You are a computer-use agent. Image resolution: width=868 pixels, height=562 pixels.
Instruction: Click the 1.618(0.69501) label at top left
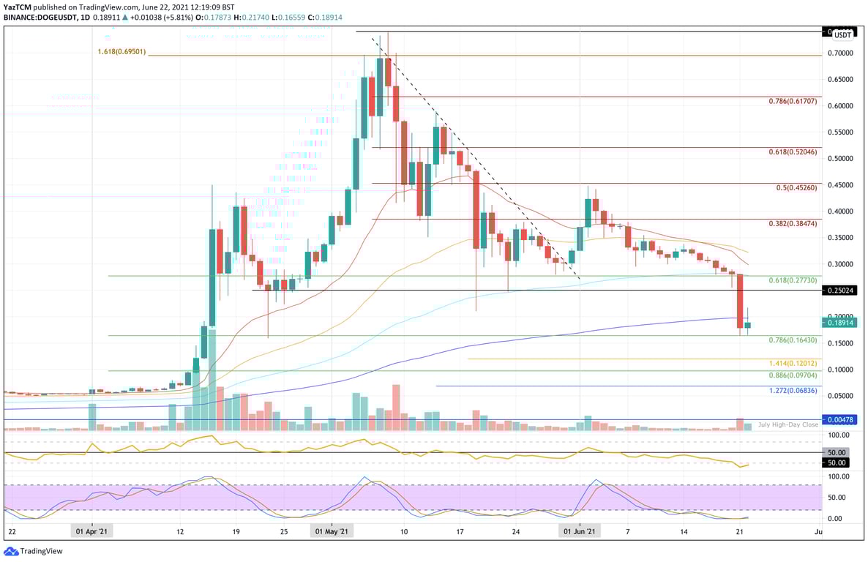pos(123,52)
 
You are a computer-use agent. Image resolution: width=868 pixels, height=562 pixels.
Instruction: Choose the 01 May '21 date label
pos(331,531)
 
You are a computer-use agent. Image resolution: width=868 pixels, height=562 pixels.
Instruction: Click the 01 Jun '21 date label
pos(579,531)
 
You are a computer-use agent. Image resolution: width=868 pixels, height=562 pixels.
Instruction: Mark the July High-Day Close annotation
pos(788,425)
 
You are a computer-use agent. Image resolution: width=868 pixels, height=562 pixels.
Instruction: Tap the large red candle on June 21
pos(740,301)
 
